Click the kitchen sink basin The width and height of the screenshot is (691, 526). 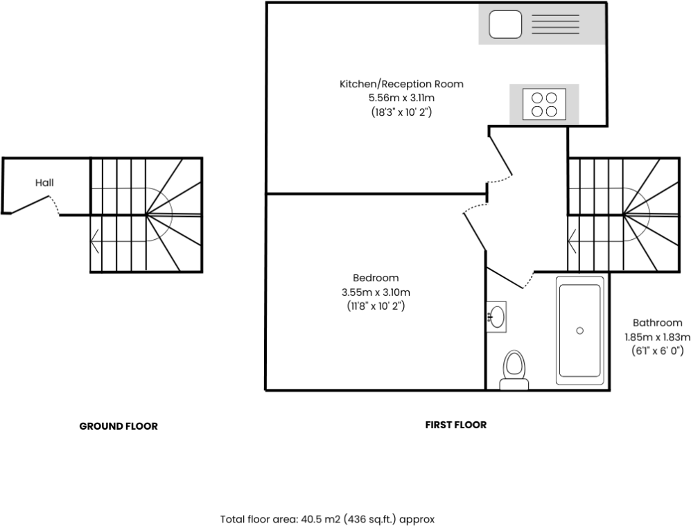click(x=505, y=25)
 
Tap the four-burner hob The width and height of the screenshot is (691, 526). click(x=544, y=104)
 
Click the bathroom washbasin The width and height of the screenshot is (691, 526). click(x=496, y=317)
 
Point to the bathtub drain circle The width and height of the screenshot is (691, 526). click(x=579, y=331)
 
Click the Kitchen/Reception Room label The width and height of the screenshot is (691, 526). click(x=401, y=84)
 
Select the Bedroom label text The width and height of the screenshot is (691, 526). click(x=375, y=278)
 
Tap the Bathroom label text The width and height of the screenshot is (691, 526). click(x=657, y=322)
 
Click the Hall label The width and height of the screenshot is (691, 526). click(x=44, y=183)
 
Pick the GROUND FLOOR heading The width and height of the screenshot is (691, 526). click(x=119, y=426)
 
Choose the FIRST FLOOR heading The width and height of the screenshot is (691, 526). click(x=455, y=425)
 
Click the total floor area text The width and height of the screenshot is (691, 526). click(x=327, y=518)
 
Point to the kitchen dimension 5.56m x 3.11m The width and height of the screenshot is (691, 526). click(x=401, y=98)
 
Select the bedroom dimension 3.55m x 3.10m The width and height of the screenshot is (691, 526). click(x=375, y=292)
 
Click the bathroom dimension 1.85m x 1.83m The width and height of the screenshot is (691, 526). click(x=657, y=337)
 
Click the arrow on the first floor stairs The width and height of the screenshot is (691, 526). click(x=572, y=243)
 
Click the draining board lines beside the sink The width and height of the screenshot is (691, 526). click(x=554, y=25)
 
